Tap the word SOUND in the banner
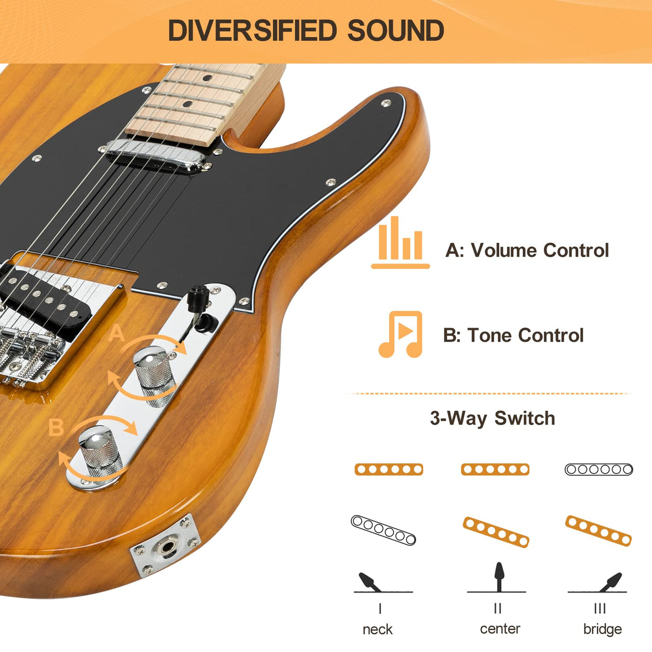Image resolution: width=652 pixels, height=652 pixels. pos(396,30)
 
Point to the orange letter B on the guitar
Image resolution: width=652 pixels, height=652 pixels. pos(56,428)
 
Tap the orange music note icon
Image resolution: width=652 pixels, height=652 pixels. pos(401,334)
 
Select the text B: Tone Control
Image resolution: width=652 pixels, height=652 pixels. pos(513,335)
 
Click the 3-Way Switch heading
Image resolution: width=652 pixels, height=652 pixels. pos(492,418)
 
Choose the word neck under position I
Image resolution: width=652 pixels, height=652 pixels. pos(378,629)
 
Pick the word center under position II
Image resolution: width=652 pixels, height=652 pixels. pos(500,629)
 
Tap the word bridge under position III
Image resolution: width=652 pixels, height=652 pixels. pos(602,629)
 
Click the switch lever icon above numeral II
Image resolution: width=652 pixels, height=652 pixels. pos(498,576)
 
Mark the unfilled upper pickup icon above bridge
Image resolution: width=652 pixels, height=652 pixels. pos(599,469)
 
